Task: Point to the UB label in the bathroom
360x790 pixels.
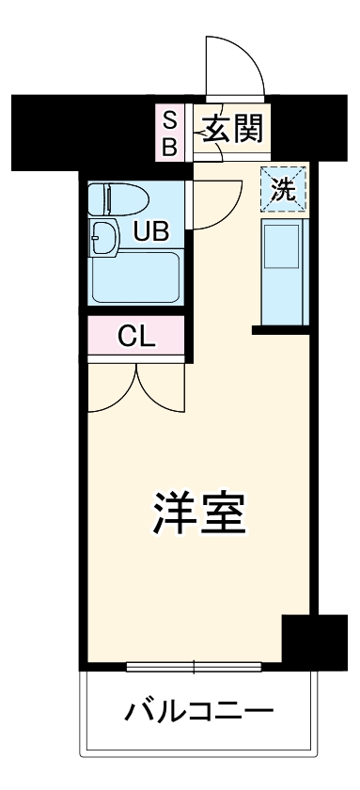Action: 149,230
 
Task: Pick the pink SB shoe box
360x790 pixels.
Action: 170,133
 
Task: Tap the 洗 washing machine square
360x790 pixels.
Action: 283,188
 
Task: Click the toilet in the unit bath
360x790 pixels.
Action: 112,198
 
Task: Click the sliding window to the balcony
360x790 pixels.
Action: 195,668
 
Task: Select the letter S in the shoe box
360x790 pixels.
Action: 170,118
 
